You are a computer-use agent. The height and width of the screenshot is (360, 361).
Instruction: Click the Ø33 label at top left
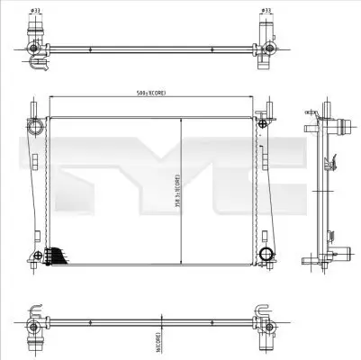coord(35,11)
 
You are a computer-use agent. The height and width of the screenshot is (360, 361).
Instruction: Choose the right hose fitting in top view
coord(266,42)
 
